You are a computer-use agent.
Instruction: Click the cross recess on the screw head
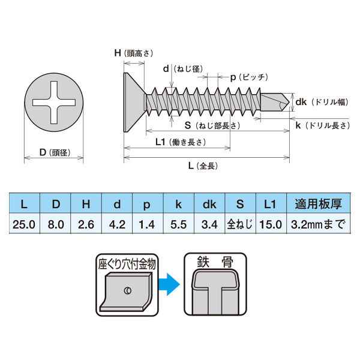(x=54, y=103)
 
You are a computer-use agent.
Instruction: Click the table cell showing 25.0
(x=24, y=224)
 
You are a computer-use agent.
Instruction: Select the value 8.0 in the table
(x=56, y=224)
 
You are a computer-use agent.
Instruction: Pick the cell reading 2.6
(x=86, y=224)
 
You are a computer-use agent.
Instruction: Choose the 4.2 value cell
(x=117, y=224)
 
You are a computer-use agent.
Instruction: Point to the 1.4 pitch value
(x=148, y=224)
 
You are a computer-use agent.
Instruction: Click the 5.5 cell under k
(x=179, y=224)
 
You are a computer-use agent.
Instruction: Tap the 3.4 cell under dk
(x=209, y=224)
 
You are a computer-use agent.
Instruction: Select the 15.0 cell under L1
(x=271, y=224)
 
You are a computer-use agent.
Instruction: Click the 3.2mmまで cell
(x=319, y=224)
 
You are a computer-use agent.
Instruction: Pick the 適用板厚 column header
(x=319, y=203)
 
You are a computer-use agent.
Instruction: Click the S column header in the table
(x=240, y=203)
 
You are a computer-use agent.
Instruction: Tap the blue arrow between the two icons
(x=169, y=284)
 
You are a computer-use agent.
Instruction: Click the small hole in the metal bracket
(x=128, y=290)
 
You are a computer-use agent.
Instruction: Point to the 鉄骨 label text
(x=215, y=262)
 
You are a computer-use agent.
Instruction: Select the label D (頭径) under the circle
(x=55, y=152)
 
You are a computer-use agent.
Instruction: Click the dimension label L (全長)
(x=203, y=166)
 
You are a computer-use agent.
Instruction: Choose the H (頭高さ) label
(x=134, y=53)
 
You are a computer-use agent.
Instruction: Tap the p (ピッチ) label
(x=249, y=77)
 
